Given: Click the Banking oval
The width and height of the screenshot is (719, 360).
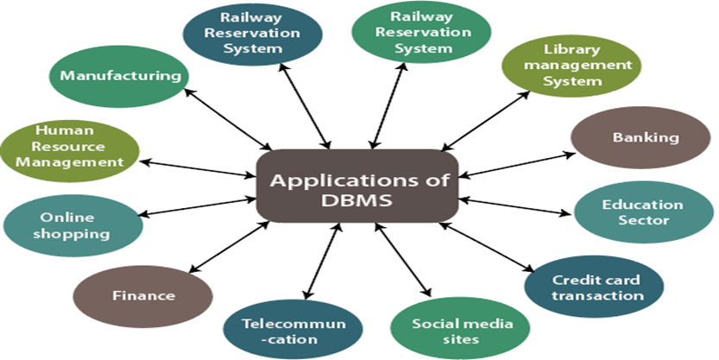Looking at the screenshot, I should pos(645,137).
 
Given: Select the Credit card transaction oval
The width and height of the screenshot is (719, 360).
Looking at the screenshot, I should pos(596,288).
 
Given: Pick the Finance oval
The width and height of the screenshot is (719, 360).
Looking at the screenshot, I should pos(143,295).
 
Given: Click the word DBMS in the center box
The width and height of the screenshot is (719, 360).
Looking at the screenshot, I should pos(357,200).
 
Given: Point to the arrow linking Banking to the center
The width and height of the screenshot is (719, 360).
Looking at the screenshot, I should pos(516,164).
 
